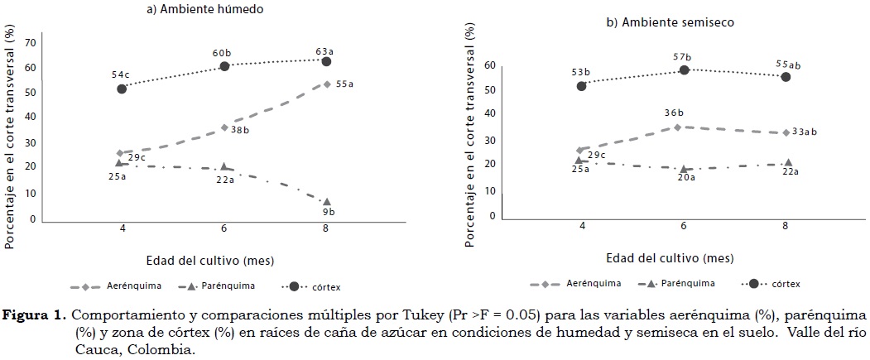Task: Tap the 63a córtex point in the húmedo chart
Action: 326,61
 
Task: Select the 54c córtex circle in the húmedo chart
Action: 121,89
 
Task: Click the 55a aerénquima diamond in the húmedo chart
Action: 327,84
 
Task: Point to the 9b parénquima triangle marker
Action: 327,202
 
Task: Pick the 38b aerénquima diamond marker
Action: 224,127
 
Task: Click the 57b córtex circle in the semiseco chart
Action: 684,70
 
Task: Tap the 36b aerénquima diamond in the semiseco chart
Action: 677,127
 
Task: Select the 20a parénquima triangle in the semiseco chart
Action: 684,169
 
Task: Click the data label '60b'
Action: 221,53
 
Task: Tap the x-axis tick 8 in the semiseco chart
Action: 785,226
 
